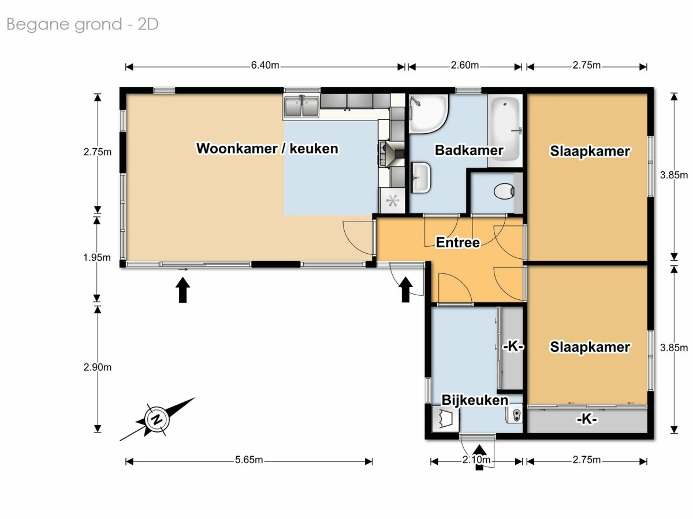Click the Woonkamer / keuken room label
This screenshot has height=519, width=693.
pyautogui.click(x=267, y=148)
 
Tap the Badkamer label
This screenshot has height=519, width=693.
pyautogui.click(x=469, y=151)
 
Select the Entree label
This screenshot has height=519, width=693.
pyautogui.click(x=458, y=242)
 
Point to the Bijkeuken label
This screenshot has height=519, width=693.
pyautogui.click(x=475, y=400)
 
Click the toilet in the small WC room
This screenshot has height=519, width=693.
pyautogui.click(x=504, y=191)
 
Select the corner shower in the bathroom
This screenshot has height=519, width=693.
pyautogui.click(x=429, y=114)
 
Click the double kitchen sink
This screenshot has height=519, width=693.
pyautogui.click(x=301, y=107)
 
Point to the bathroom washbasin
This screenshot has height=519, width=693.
pyautogui.click(x=421, y=178)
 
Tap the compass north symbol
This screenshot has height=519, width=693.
pyautogui.click(x=157, y=419)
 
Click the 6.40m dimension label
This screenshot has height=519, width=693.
pyautogui.click(x=265, y=65)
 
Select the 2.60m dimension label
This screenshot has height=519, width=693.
pyautogui.click(x=465, y=65)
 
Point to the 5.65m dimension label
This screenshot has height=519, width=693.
pyautogui.click(x=249, y=460)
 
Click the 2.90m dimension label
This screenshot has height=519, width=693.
pyautogui.click(x=97, y=367)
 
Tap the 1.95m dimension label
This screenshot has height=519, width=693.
pyautogui.click(x=97, y=258)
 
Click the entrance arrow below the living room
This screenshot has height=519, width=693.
pyautogui.click(x=183, y=290)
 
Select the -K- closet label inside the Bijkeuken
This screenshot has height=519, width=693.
pyautogui.click(x=513, y=347)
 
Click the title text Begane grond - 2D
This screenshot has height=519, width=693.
pyautogui.click(x=83, y=25)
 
